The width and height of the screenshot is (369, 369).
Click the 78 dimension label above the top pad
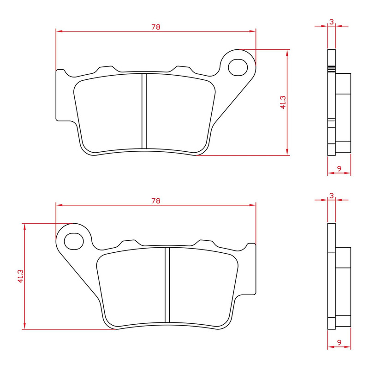click(156, 27)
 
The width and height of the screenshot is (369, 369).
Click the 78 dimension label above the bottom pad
click(156, 201)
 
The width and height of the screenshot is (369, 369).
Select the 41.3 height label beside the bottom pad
click(20, 276)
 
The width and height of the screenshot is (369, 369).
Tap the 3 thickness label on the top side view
click(332, 21)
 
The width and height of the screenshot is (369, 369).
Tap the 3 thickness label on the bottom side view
click(332, 196)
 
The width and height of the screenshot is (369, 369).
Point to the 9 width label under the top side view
click(339, 169)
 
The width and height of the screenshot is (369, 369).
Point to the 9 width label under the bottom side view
click(339, 343)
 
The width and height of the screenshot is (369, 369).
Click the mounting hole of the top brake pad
click(238, 66)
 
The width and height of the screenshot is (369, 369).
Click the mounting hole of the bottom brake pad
click(73, 240)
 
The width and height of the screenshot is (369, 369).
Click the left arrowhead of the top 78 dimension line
click(59, 31)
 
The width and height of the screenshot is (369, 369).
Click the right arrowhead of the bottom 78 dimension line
click(253, 205)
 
